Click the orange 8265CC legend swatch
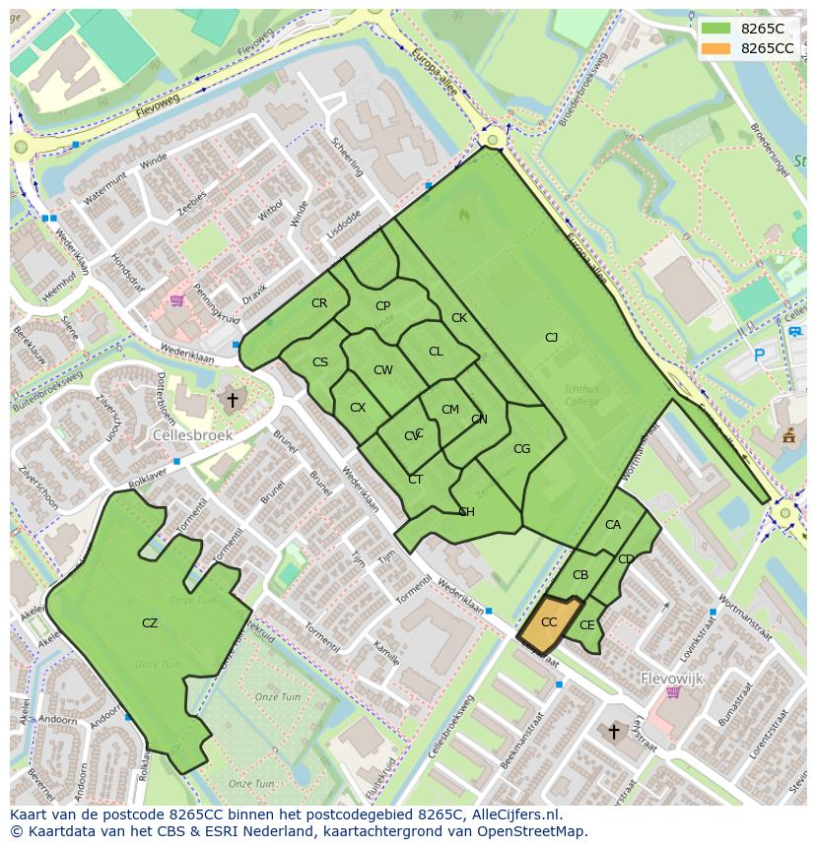click(x=716, y=48)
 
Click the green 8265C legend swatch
click(x=716, y=28)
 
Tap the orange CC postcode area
click(x=549, y=623)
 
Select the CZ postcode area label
click(x=150, y=623)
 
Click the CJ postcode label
click(x=552, y=338)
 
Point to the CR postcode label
click(x=319, y=303)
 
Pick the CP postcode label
click(x=383, y=306)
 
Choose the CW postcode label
click(x=383, y=370)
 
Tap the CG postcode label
click(x=522, y=449)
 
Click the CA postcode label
click(x=613, y=525)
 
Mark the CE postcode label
click(x=587, y=625)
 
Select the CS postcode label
click(x=320, y=362)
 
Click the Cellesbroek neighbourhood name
click(x=192, y=434)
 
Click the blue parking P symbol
click(x=759, y=355)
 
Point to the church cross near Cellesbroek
click(x=233, y=400)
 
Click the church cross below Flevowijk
click(x=614, y=731)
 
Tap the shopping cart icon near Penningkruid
click(x=177, y=300)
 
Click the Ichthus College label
click(x=580, y=395)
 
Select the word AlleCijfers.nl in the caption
click(x=513, y=815)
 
